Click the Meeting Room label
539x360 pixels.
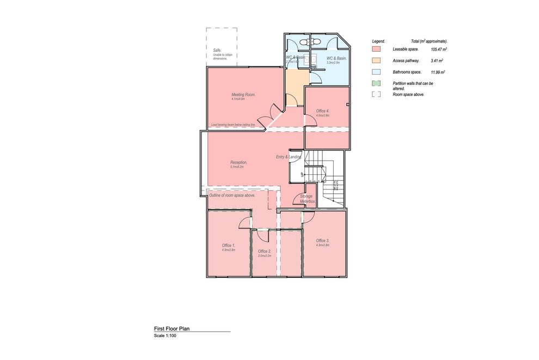coord(243,95)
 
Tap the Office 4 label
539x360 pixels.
coord(323,111)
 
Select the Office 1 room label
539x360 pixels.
coord(229,245)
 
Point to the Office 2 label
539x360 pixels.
coord(265,251)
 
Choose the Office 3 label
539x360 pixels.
coord(323,240)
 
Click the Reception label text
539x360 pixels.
coord(239,162)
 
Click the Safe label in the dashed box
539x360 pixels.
coord(217,50)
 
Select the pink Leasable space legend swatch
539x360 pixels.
coord(375,49)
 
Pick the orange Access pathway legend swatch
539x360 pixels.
coord(375,60)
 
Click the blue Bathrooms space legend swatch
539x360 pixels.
coord(375,72)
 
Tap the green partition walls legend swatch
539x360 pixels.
coord(375,83)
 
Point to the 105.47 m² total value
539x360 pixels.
coord(438,49)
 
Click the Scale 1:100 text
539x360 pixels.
coord(165,336)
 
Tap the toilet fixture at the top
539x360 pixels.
coord(315,41)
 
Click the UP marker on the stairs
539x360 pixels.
coord(303,174)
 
